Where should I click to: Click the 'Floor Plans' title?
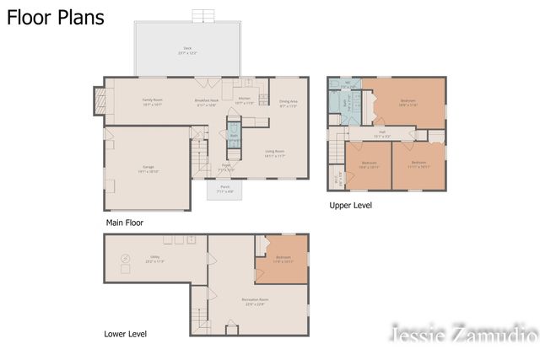pos(56,18)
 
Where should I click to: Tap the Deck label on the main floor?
pos(187,50)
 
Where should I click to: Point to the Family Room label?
pos(152,101)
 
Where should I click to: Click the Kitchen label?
pos(245,100)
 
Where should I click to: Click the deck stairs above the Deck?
pos(203,16)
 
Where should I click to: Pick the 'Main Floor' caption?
pos(124,223)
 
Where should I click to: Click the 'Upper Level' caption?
pos(349,205)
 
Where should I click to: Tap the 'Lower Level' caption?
pos(125,334)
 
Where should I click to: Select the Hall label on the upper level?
pos(381,132)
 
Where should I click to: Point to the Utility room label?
pos(154,260)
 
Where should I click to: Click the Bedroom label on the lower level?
pos(283,259)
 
